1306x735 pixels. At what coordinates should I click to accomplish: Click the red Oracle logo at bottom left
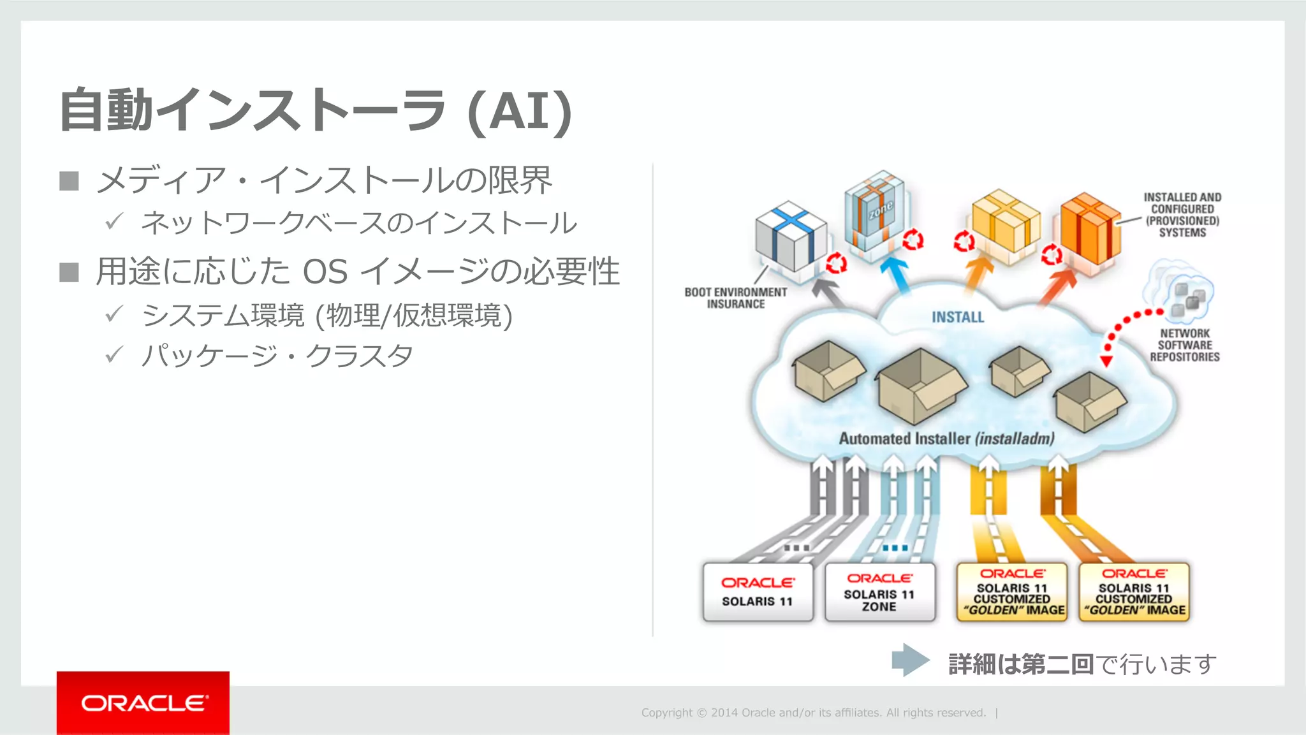[x=143, y=702]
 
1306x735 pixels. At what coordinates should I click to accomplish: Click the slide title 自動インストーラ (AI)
[x=316, y=111]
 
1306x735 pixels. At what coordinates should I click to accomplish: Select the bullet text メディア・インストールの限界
[x=324, y=180]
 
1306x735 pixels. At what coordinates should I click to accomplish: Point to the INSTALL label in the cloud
[x=957, y=317]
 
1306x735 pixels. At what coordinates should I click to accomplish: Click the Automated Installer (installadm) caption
[x=946, y=439]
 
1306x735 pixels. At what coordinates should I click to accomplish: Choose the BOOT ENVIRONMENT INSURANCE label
[x=735, y=298]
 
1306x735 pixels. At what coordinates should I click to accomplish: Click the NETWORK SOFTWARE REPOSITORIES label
[x=1185, y=345]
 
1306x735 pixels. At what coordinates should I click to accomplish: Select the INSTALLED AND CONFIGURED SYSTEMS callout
[x=1182, y=215]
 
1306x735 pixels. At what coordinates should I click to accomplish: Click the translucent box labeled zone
[x=876, y=210]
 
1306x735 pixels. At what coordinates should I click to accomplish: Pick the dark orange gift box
[x=1090, y=228]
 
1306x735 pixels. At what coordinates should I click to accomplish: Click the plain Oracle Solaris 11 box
[x=758, y=592]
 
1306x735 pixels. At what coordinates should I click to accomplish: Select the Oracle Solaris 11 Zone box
[x=879, y=592]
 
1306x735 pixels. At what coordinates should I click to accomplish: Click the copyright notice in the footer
[x=813, y=713]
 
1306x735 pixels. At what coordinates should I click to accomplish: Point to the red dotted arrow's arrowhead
[x=1106, y=361]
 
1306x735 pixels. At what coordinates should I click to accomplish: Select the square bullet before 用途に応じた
[x=69, y=272]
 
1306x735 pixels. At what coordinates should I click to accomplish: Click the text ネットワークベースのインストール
[x=358, y=223]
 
